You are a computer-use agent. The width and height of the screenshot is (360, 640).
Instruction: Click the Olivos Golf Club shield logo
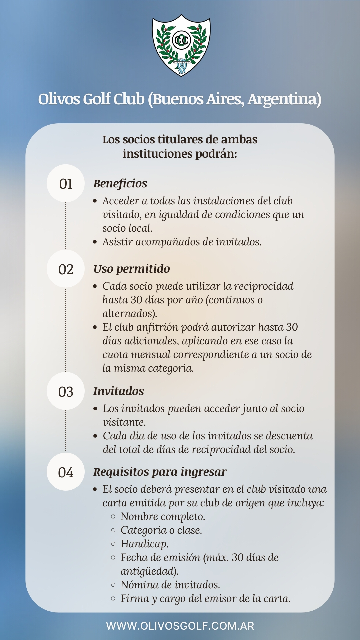(x=181, y=45)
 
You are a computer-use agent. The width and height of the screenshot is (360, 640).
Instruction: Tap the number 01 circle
(x=66, y=184)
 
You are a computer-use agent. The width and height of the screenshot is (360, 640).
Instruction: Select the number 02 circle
(x=66, y=269)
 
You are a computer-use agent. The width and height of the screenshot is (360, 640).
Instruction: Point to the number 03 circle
(x=66, y=391)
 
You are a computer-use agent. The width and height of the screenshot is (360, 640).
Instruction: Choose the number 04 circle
(x=66, y=472)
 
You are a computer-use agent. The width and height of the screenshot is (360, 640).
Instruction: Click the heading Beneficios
(x=120, y=183)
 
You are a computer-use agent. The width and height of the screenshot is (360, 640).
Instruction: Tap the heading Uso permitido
(x=132, y=269)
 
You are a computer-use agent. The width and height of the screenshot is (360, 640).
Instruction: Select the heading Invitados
(x=119, y=391)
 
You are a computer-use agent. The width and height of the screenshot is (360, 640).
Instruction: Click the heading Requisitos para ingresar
(x=160, y=472)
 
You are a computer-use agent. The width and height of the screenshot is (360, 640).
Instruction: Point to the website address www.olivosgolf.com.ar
(x=180, y=626)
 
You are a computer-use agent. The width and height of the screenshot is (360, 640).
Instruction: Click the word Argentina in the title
(x=284, y=99)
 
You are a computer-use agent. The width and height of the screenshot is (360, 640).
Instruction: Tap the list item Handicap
(x=144, y=544)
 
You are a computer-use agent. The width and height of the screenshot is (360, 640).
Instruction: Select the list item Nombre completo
(x=163, y=516)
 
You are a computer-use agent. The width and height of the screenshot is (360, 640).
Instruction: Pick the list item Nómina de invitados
(x=170, y=585)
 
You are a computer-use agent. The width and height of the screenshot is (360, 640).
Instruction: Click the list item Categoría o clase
(x=161, y=530)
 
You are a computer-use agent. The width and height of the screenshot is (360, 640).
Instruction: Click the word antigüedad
(x=149, y=571)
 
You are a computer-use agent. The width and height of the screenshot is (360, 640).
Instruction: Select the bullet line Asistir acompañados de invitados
(x=182, y=242)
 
